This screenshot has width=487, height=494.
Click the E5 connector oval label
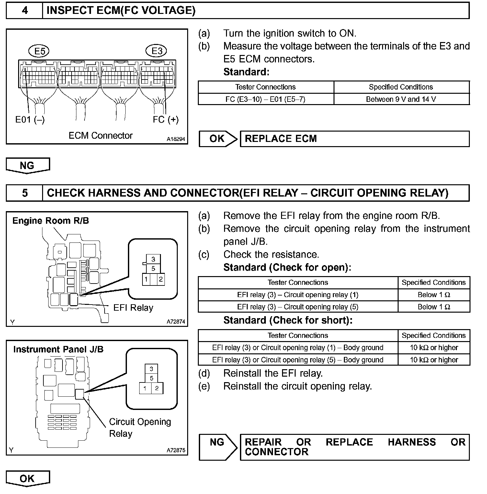pos(40,51)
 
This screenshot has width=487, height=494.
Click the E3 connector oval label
pos(157,51)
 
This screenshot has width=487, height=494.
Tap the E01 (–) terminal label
pos(30,120)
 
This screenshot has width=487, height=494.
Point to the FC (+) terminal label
pos(165,120)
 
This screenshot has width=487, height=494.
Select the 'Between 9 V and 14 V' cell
pos(401,99)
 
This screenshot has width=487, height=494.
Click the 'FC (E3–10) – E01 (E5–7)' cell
pos(265,99)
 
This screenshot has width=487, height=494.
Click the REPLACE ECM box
pos(354,139)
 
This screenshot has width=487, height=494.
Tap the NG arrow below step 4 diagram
pos(28,166)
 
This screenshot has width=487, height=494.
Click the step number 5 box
pos(25,193)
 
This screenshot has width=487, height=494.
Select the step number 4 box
pos(25,11)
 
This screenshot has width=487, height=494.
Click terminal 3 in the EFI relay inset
pos(153,259)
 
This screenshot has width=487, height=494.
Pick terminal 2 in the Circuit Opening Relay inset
pos(157,388)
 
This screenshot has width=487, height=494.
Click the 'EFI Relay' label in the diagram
pos(133,308)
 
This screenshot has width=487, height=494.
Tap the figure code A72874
pos(176,322)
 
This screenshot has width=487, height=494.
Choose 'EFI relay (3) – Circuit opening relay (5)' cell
pos(298,307)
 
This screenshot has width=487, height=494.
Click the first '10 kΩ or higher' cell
pos(434,348)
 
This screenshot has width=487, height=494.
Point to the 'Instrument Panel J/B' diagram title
pos(58,349)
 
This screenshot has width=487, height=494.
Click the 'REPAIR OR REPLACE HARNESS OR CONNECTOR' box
pos(354,447)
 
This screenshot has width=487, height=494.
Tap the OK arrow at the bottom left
pos(28,478)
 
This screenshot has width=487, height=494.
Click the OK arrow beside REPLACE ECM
pos(218,139)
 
